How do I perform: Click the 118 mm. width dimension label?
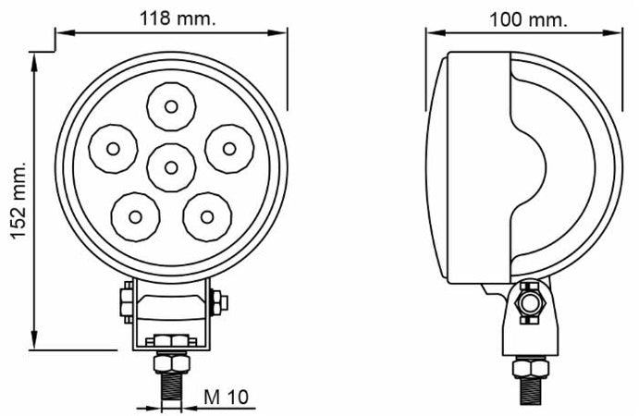point(170,18)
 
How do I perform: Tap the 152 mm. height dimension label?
point(18,202)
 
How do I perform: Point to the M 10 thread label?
point(226,398)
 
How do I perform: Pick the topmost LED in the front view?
point(171,105)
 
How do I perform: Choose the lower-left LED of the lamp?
point(135,216)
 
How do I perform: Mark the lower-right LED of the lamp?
point(206,216)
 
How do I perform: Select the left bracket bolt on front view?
point(124,302)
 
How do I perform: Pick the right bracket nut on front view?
point(219,301)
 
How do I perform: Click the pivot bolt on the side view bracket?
point(529,304)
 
